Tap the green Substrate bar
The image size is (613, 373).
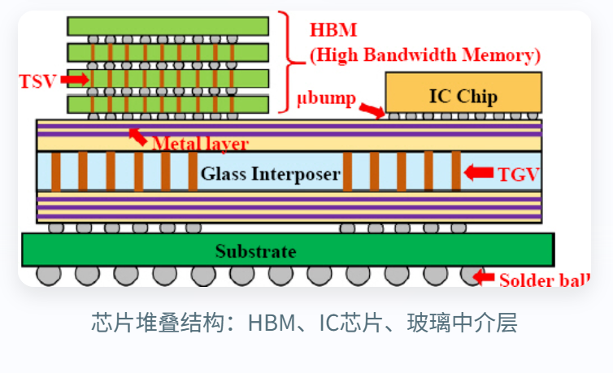pyautogui.click(x=288, y=249)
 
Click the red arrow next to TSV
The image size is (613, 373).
pyautogui.click(x=74, y=79)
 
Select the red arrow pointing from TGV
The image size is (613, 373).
pyautogui.click(x=478, y=172)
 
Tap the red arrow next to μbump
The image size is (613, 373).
pyautogui.click(x=372, y=109)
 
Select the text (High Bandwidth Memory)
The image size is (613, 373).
pyautogui.click(x=425, y=55)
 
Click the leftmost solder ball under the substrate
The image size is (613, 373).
pyautogui.click(x=49, y=275)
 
